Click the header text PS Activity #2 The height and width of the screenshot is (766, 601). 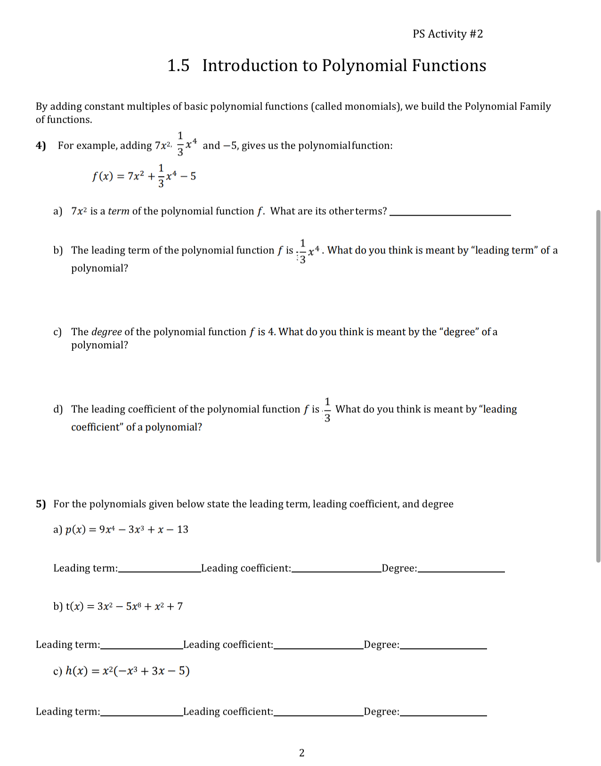click(447, 34)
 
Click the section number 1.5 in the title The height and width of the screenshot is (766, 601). click(179, 65)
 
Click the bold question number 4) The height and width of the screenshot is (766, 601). click(41, 145)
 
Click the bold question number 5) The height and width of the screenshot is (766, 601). click(41, 504)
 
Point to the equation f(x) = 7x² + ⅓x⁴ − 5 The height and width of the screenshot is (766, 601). click(144, 176)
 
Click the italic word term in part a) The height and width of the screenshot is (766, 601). click(118, 211)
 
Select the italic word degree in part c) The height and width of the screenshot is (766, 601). click(106, 332)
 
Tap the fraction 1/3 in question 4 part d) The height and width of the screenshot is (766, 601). click(327, 410)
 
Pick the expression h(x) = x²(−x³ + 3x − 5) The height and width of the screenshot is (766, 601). click(127, 671)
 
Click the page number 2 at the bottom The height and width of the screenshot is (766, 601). click(302, 753)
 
